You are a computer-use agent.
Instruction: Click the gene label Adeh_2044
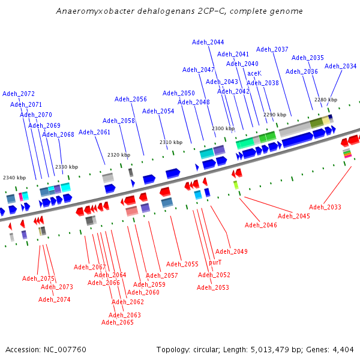pyautogui.click(x=208, y=42)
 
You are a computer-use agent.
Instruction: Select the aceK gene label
pyautogui.click(x=254, y=73)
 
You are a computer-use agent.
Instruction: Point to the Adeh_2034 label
pyautogui.click(x=340, y=66)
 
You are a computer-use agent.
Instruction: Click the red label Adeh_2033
pyautogui.click(x=325, y=207)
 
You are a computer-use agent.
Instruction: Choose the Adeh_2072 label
pyautogui.click(x=19, y=94)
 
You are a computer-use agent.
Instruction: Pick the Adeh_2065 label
pyautogui.click(x=117, y=322)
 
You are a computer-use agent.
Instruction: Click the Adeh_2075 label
pyautogui.click(x=38, y=278)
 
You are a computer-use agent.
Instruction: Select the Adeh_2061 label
pyautogui.click(x=95, y=132)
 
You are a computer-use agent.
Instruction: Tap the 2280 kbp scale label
pyautogui.click(x=326, y=100)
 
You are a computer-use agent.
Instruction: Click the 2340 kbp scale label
pyautogui.click(x=14, y=178)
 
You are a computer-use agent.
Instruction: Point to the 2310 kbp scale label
pyautogui.click(x=171, y=142)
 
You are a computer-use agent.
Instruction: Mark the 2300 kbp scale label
pyautogui.click(x=223, y=128)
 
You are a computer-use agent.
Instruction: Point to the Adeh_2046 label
pyautogui.click(x=261, y=225)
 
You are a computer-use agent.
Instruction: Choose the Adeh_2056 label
pyautogui.click(x=131, y=99)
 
